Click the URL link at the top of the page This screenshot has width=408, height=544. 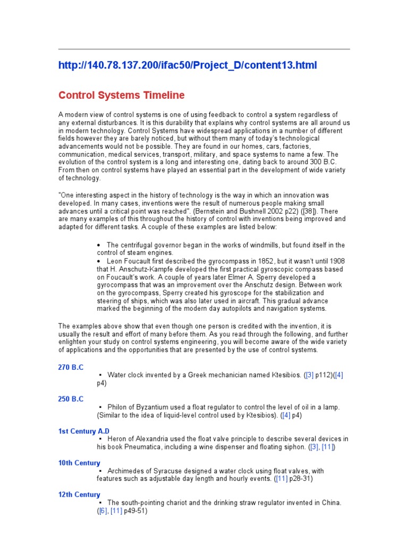187,65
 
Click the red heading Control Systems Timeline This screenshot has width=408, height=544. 121,96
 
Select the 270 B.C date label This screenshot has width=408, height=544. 71,367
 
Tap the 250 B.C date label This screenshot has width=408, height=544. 71,399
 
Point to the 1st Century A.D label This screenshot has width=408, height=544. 84,431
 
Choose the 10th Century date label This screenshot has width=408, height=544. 79,463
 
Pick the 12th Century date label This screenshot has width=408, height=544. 79,495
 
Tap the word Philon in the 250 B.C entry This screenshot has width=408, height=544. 117,407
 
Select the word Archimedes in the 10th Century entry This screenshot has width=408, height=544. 126,471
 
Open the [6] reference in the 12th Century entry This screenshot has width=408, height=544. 103,511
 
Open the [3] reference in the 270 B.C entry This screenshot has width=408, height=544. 310,375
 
